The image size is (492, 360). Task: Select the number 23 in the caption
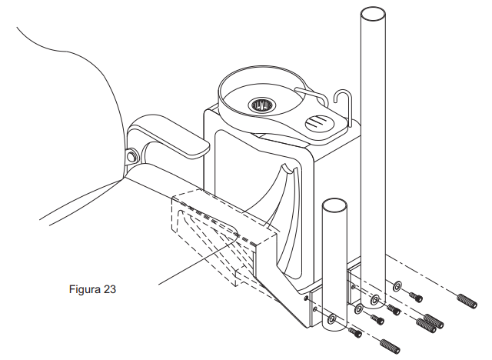click(109, 289)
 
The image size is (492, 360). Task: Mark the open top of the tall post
click(373, 15)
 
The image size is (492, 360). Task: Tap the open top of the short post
click(334, 205)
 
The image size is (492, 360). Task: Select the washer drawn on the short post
click(331, 319)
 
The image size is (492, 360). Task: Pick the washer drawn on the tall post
click(374, 300)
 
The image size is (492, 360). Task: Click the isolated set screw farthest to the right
click(467, 301)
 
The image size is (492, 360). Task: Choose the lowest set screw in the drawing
click(390, 346)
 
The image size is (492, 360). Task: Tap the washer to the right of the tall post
click(397, 286)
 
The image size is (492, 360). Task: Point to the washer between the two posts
click(358, 309)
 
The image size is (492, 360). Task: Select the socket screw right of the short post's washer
click(355, 333)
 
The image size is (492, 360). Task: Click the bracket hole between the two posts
click(354, 287)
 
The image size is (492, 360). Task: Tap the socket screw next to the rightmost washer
click(416, 297)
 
